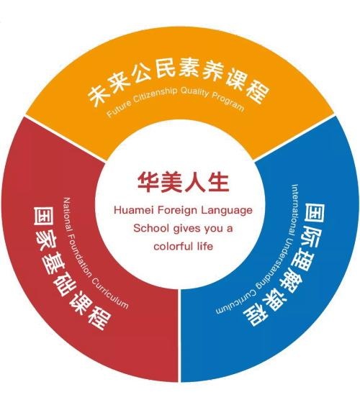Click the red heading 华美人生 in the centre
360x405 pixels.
(183, 183)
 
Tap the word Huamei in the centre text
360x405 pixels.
(134, 210)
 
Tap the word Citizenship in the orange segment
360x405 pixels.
(155, 94)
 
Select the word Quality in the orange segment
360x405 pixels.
(194, 92)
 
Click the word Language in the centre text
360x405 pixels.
(227, 211)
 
